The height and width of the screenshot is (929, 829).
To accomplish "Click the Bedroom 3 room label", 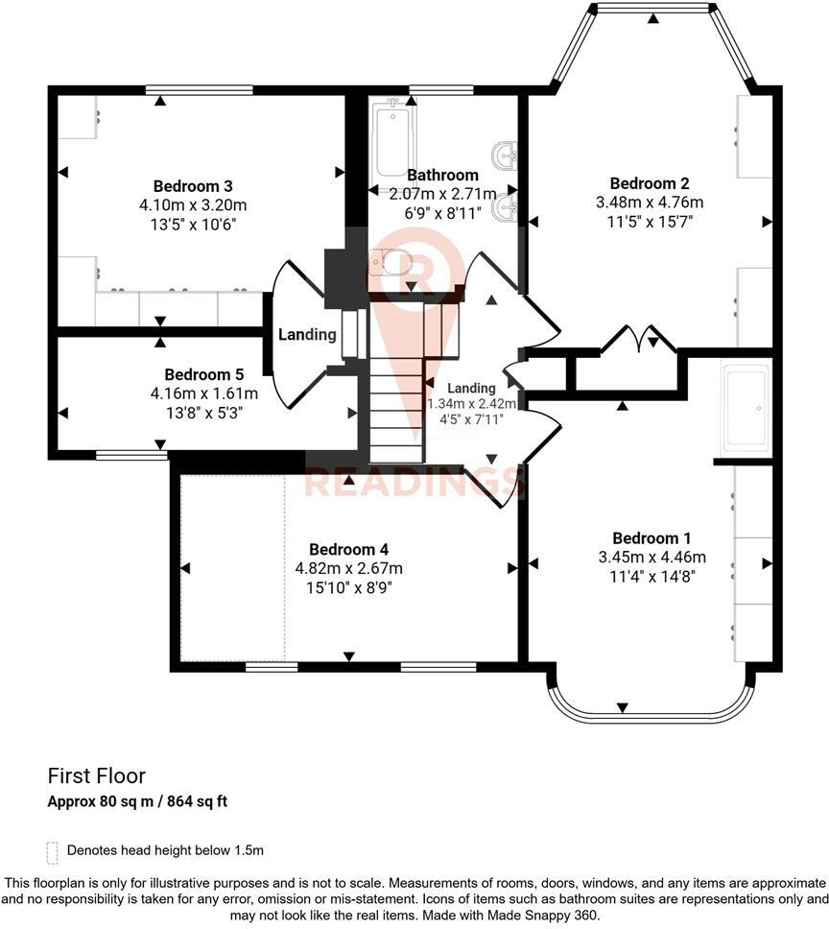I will tap(194, 185).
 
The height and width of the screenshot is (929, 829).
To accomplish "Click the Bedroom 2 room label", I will tap(650, 183).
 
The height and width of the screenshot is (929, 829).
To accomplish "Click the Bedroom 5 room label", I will tap(203, 374).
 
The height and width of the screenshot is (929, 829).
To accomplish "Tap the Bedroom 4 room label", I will tap(348, 549).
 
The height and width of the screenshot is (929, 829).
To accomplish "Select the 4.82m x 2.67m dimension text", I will tap(348, 567).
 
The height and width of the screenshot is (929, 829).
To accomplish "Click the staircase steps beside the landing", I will tap(396, 403).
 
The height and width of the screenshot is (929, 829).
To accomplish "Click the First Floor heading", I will tap(97, 774).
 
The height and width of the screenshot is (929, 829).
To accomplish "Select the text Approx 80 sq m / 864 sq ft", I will tap(137, 800).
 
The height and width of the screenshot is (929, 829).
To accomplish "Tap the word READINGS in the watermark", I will tap(414, 483).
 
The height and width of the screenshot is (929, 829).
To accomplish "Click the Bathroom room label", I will tap(442, 175).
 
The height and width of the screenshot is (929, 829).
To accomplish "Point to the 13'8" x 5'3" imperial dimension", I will tap(203, 412).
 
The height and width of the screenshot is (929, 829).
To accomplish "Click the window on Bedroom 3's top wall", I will tap(200, 90).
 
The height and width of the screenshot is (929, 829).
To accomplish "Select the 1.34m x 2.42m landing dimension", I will tap(471, 404).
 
